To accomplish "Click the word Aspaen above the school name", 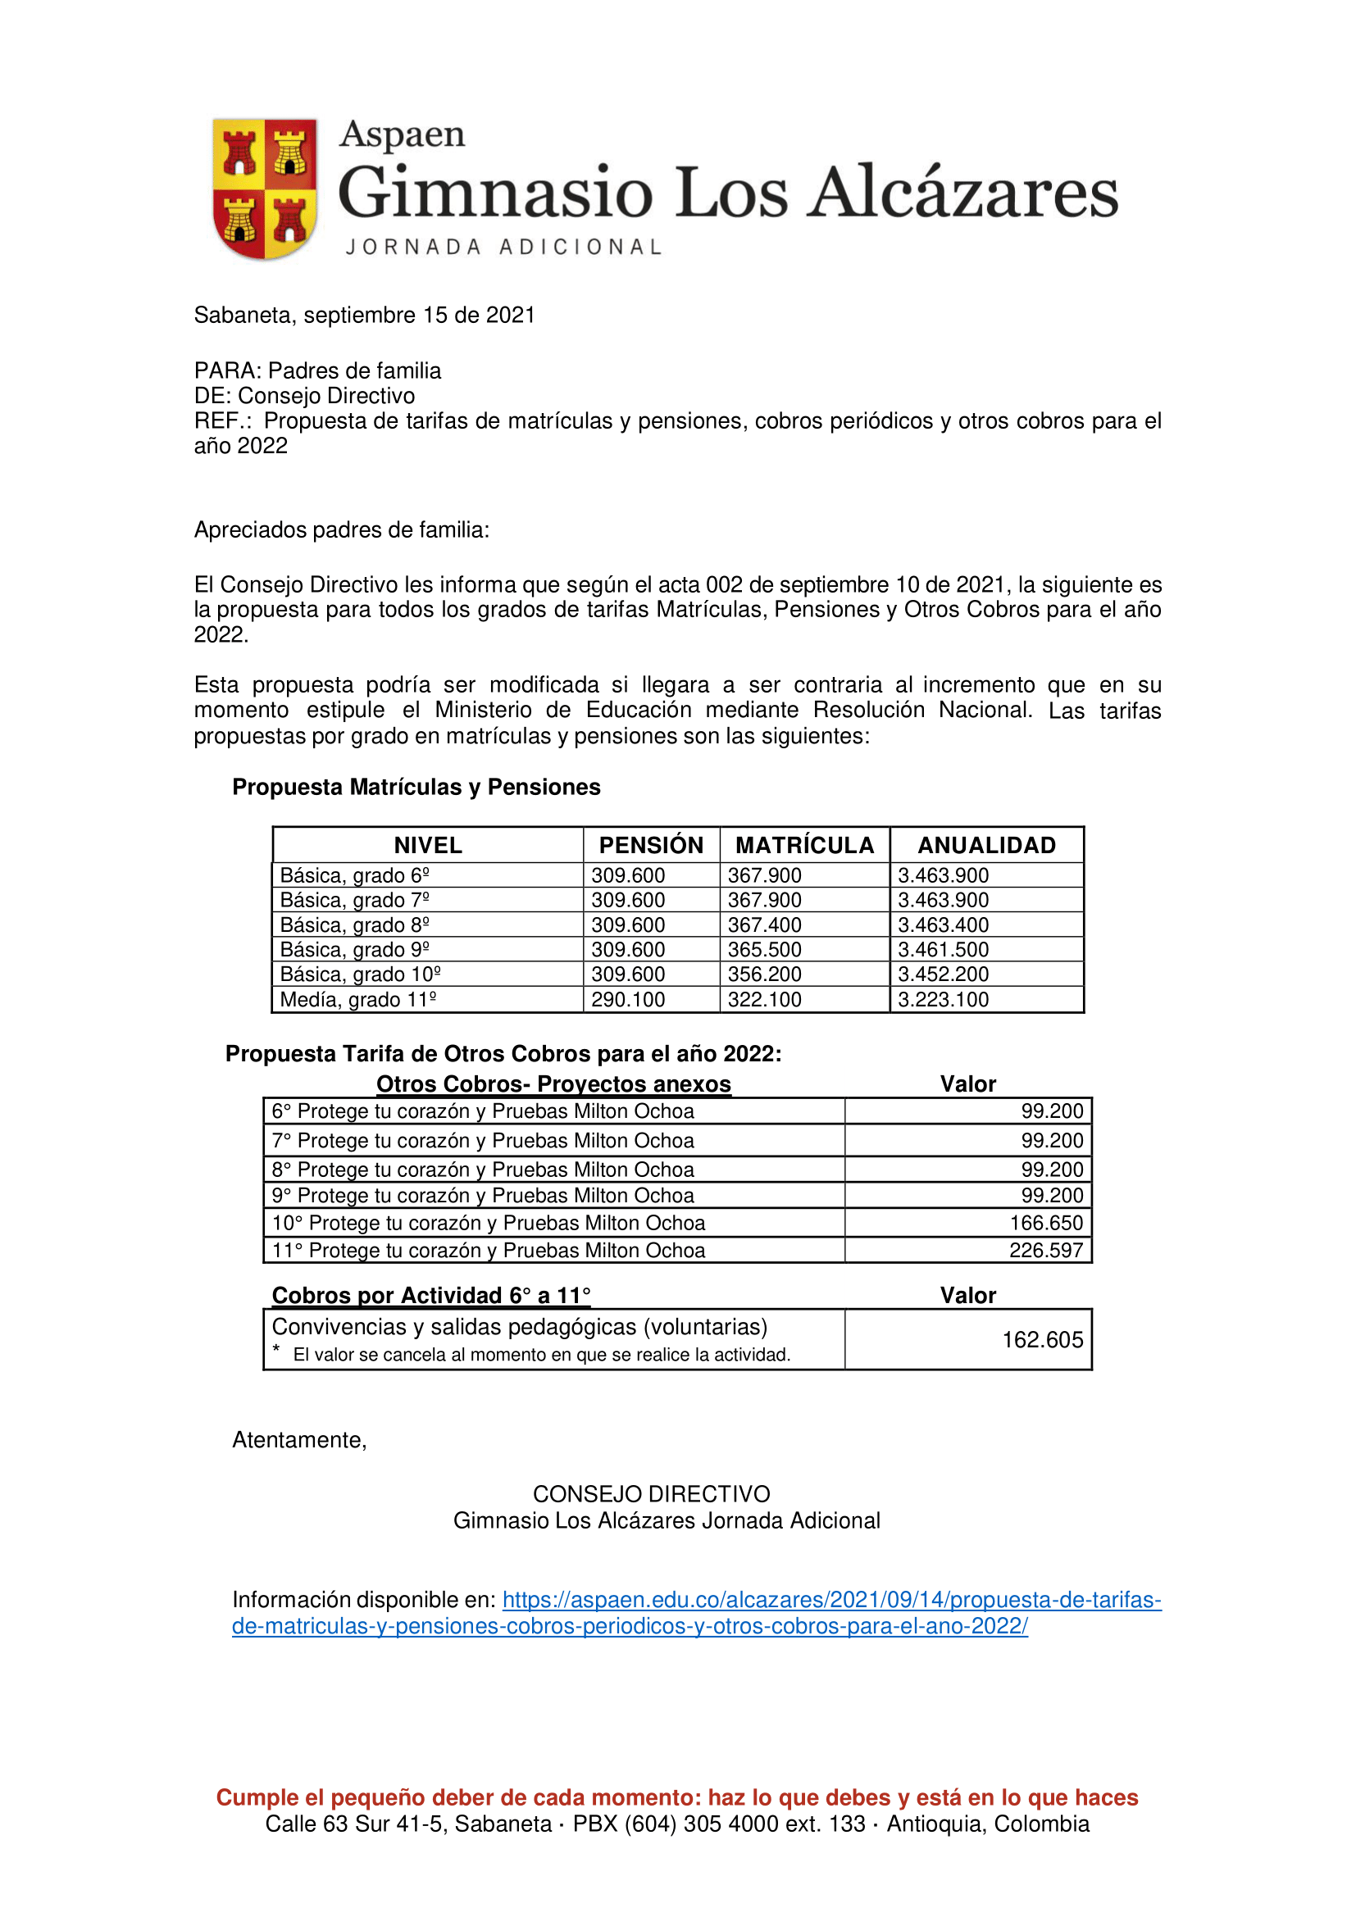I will pos(402,134).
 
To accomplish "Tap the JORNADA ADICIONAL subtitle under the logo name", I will pos(503,248).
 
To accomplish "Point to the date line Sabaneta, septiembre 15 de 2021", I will pos(364,315).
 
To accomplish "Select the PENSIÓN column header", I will pos(650,845).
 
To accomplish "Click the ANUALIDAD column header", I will pos(986,845).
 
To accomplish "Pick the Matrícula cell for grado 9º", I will pos(764,949).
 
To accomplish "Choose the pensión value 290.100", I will pos(628,999).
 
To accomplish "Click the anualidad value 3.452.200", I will pos(943,974).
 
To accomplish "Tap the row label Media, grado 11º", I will pos(358,999).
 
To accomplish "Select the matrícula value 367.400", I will pos(764,925).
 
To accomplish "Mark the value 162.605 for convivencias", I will pos(1042,1339).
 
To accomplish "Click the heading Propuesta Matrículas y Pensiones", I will pos(416,788).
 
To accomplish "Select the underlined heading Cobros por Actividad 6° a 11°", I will pos(431,1295).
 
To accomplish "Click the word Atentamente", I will pos(299,1439).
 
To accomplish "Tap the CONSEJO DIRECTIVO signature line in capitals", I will pos(651,1494).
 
